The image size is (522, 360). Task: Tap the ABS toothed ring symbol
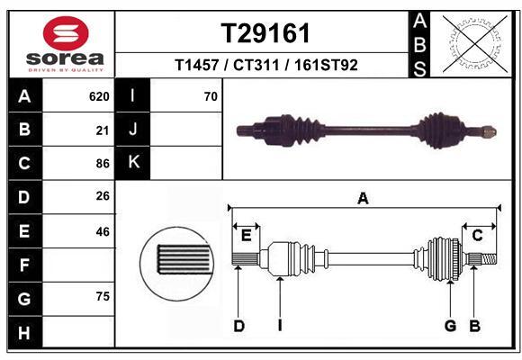tap(473, 42)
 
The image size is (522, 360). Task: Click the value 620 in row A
tap(99, 96)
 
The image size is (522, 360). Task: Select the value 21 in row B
tap(102, 130)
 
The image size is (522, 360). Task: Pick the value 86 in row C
tap(102, 164)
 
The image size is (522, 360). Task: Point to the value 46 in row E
tap(102, 231)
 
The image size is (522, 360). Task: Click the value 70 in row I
tap(211, 96)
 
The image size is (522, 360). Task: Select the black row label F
tap(24, 265)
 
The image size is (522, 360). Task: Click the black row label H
tap(24, 333)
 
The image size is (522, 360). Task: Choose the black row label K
tap(133, 163)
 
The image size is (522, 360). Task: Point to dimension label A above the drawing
tap(363, 199)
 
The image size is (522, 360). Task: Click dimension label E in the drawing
tap(246, 235)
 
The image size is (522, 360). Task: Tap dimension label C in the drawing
tap(478, 235)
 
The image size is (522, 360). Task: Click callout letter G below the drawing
tap(450, 326)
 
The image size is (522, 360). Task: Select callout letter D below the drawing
tap(239, 326)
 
